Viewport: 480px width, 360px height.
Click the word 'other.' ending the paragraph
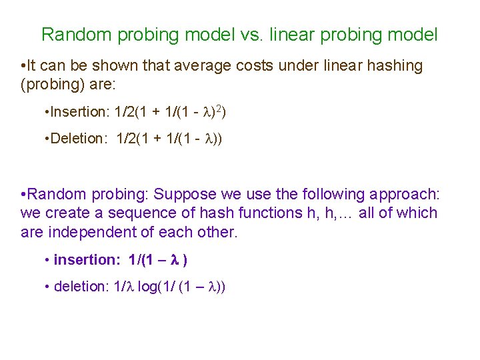(x=217, y=233)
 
